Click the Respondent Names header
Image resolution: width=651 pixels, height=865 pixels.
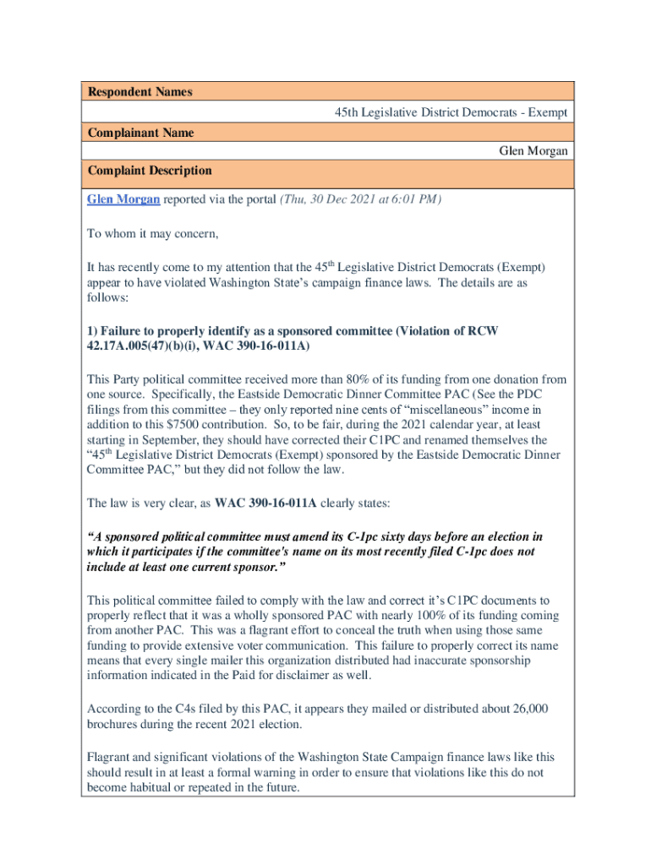(x=140, y=92)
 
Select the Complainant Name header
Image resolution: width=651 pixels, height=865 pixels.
(x=141, y=133)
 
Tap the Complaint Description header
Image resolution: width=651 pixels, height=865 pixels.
(x=150, y=171)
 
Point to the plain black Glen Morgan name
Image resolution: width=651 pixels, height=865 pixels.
(x=533, y=151)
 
